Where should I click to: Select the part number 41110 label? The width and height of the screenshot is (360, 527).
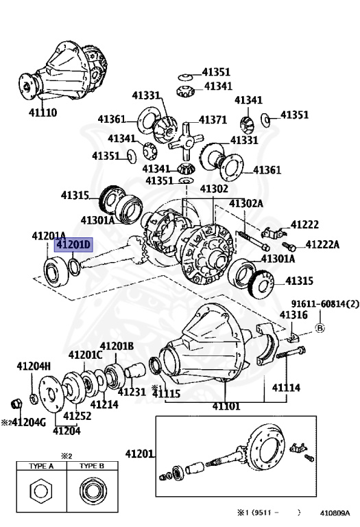pyautogui.click(x=43, y=113)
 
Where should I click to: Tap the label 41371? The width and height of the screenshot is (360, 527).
pyautogui.click(x=213, y=119)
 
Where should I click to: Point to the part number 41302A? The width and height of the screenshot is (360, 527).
pyautogui.click(x=248, y=203)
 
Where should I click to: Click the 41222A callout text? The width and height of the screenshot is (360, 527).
pyautogui.click(x=322, y=244)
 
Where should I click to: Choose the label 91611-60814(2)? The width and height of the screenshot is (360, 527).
pyautogui.click(x=319, y=303)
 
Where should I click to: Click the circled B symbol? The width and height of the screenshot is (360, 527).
pyautogui.click(x=319, y=328)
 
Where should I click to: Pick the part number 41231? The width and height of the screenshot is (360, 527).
pyautogui.click(x=132, y=392)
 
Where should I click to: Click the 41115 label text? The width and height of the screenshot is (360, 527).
pyautogui.click(x=166, y=393)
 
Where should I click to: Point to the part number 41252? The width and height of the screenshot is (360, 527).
pyautogui.click(x=77, y=415)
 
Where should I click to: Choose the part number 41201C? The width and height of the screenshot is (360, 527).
pyautogui.click(x=85, y=354)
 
